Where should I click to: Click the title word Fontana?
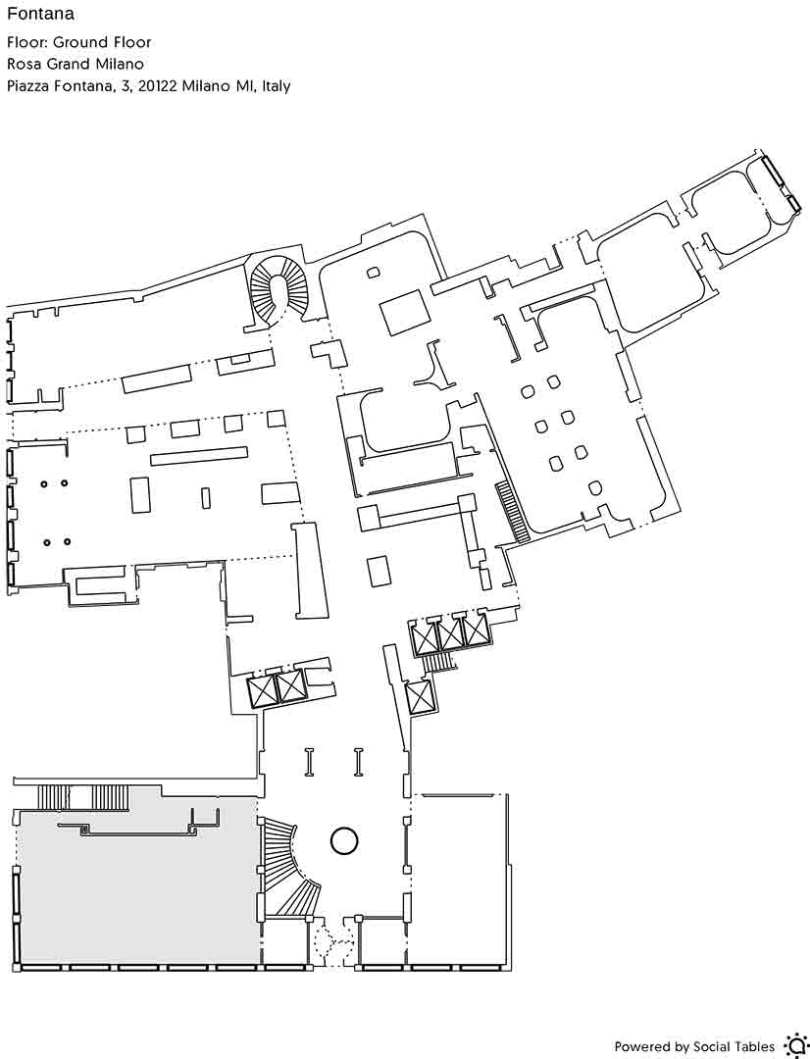coord(40,14)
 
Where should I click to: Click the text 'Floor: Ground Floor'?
coord(79,42)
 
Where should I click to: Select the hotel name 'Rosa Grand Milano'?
coord(76,64)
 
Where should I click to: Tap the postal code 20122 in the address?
coord(158,86)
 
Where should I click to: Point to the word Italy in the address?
coord(276,86)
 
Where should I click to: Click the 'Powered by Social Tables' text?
coord(694,1047)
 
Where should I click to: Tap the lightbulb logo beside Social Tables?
coord(793,1045)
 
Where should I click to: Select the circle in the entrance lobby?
coord(344,841)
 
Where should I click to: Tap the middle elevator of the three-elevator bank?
coord(450,633)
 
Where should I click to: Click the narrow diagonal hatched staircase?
coord(514,511)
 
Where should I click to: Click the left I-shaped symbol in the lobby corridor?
coord(310,762)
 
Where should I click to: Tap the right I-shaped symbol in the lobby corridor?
coord(359,762)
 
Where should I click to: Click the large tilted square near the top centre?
coord(405,312)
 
